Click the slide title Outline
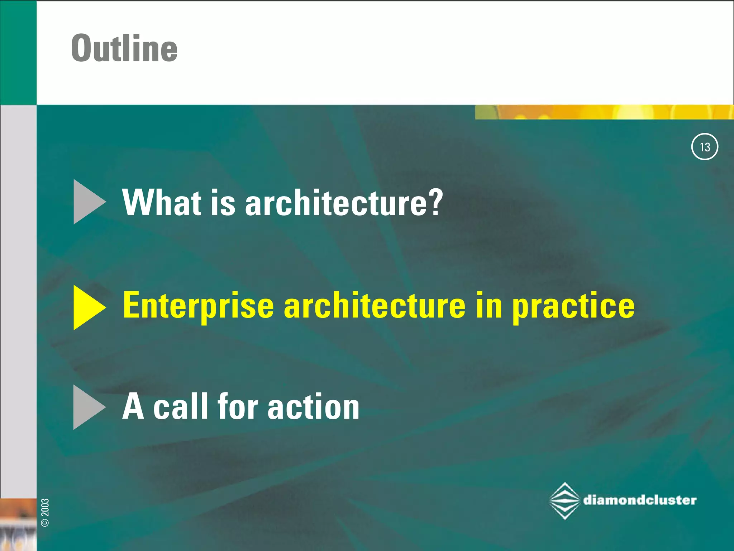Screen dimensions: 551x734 point(124,48)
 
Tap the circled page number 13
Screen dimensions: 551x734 point(704,147)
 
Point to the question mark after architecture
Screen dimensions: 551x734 point(436,203)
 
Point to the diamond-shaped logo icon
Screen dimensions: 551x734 point(564,501)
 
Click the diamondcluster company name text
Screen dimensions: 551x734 point(640,500)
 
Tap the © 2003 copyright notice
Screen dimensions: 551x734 point(45,512)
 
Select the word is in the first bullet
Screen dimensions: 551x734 point(223,203)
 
